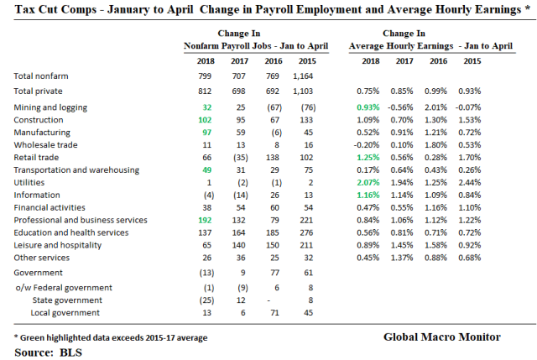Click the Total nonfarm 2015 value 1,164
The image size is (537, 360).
306,76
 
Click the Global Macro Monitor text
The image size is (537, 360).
441,337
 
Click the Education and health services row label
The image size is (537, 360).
71,232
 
